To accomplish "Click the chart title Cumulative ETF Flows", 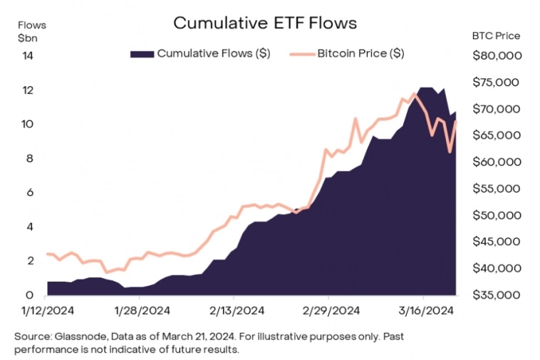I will (265, 23).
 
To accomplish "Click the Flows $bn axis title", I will (31, 31).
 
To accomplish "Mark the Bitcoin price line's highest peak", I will (415, 93).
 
